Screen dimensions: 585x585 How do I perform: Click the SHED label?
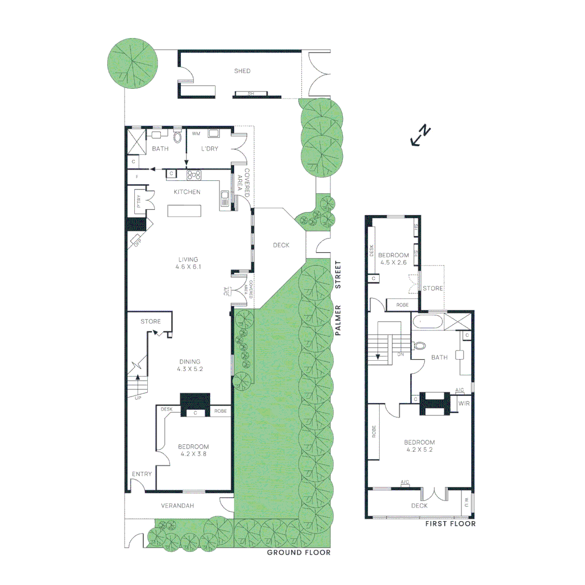(242, 71)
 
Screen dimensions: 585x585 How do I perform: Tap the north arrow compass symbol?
(420, 136)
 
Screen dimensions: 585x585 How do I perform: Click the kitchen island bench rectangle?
(184, 210)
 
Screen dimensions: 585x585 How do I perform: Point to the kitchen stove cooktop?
(194, 174)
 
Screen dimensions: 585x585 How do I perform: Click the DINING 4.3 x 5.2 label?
(190, 365)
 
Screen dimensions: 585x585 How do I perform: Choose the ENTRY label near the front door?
(142, 474)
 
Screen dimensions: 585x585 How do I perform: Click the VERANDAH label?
(178, 506)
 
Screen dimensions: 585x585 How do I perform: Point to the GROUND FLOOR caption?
(298, 552)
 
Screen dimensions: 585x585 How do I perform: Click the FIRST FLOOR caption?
(450, 524)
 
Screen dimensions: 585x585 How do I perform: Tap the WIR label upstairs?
(464, 404)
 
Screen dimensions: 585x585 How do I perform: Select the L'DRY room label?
(210, 149)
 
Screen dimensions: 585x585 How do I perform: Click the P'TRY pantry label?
(139, 201)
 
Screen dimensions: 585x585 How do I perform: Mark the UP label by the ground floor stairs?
(138, 398)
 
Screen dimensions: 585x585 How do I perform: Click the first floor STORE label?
(433, 288)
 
